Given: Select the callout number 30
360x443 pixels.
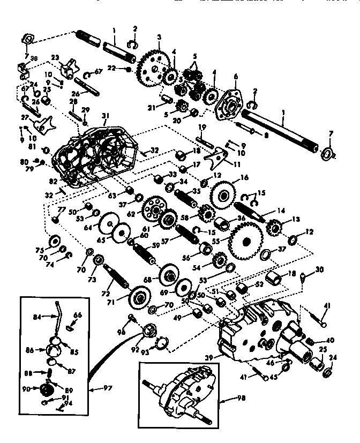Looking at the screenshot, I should [319, 269].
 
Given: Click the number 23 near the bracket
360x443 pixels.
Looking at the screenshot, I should [55, 57].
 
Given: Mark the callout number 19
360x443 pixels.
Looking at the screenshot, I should [202, 127].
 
